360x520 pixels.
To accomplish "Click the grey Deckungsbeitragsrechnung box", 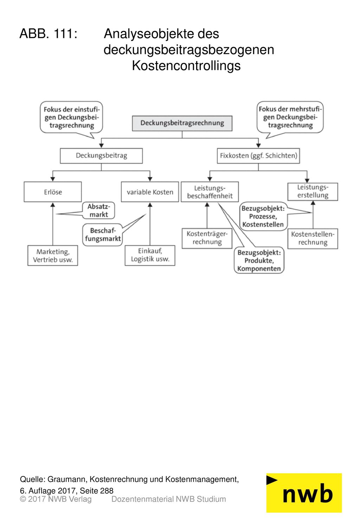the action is pyautogui.click(x=182, y=123).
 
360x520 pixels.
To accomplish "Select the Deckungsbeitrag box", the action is pyautogui.click(x=101, y=156).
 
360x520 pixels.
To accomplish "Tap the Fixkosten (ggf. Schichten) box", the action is pyautogui.click(x=258, y=156).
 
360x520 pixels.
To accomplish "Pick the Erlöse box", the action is pyautogui.click(x=53, y=192).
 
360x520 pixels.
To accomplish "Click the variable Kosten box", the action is pyautogui.click(x=150, y=192).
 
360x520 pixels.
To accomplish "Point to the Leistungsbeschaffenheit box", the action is pyautogui.click(x=210, y=192).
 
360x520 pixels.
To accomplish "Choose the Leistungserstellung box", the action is pyautogui.click(x=313, y=192).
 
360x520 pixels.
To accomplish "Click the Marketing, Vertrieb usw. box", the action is pyautogui.click(x=53, y=255).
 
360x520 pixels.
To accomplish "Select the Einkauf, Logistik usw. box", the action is pyautogui.click(x=150, y=255).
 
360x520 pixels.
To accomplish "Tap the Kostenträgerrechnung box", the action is pyautogui.click(x=207, y=238).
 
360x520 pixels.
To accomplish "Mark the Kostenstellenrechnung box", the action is pyautogui.click(x=313, y=239).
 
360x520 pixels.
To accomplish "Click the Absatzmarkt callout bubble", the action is pyautogui.click(x=99, y=211).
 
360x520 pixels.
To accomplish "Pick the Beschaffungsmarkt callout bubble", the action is pyautogui.click(x=102, y=235).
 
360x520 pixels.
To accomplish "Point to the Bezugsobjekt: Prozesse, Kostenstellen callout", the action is pyautogui.click(x=263, y=216).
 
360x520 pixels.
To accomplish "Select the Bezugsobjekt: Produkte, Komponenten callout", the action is pyautogui.click(x=259, y=260).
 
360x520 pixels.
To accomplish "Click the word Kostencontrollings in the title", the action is pyautogui.click(x=186, y=66).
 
